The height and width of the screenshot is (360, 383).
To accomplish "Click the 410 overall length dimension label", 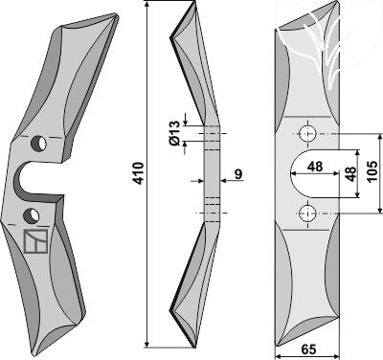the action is [x=139, y=173].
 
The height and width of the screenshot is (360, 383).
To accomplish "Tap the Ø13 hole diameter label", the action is [x=176, y=134].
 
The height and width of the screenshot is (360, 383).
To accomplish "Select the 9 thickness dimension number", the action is [x=238, y=174].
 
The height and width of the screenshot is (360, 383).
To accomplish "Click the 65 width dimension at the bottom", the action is [x=308, y=349].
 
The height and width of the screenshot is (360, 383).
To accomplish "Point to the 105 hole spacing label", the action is [x=372, y=171].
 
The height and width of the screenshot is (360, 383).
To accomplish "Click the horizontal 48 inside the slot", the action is [x=315, y=167].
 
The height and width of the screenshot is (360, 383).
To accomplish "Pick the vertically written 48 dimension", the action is [x=350, y=174].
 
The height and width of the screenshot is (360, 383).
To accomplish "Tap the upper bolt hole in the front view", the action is [x=307, y=133].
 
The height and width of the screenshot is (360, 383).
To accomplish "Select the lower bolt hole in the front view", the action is [x=307, y=214].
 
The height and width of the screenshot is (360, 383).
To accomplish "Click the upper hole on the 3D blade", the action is [x=38, y=144].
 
